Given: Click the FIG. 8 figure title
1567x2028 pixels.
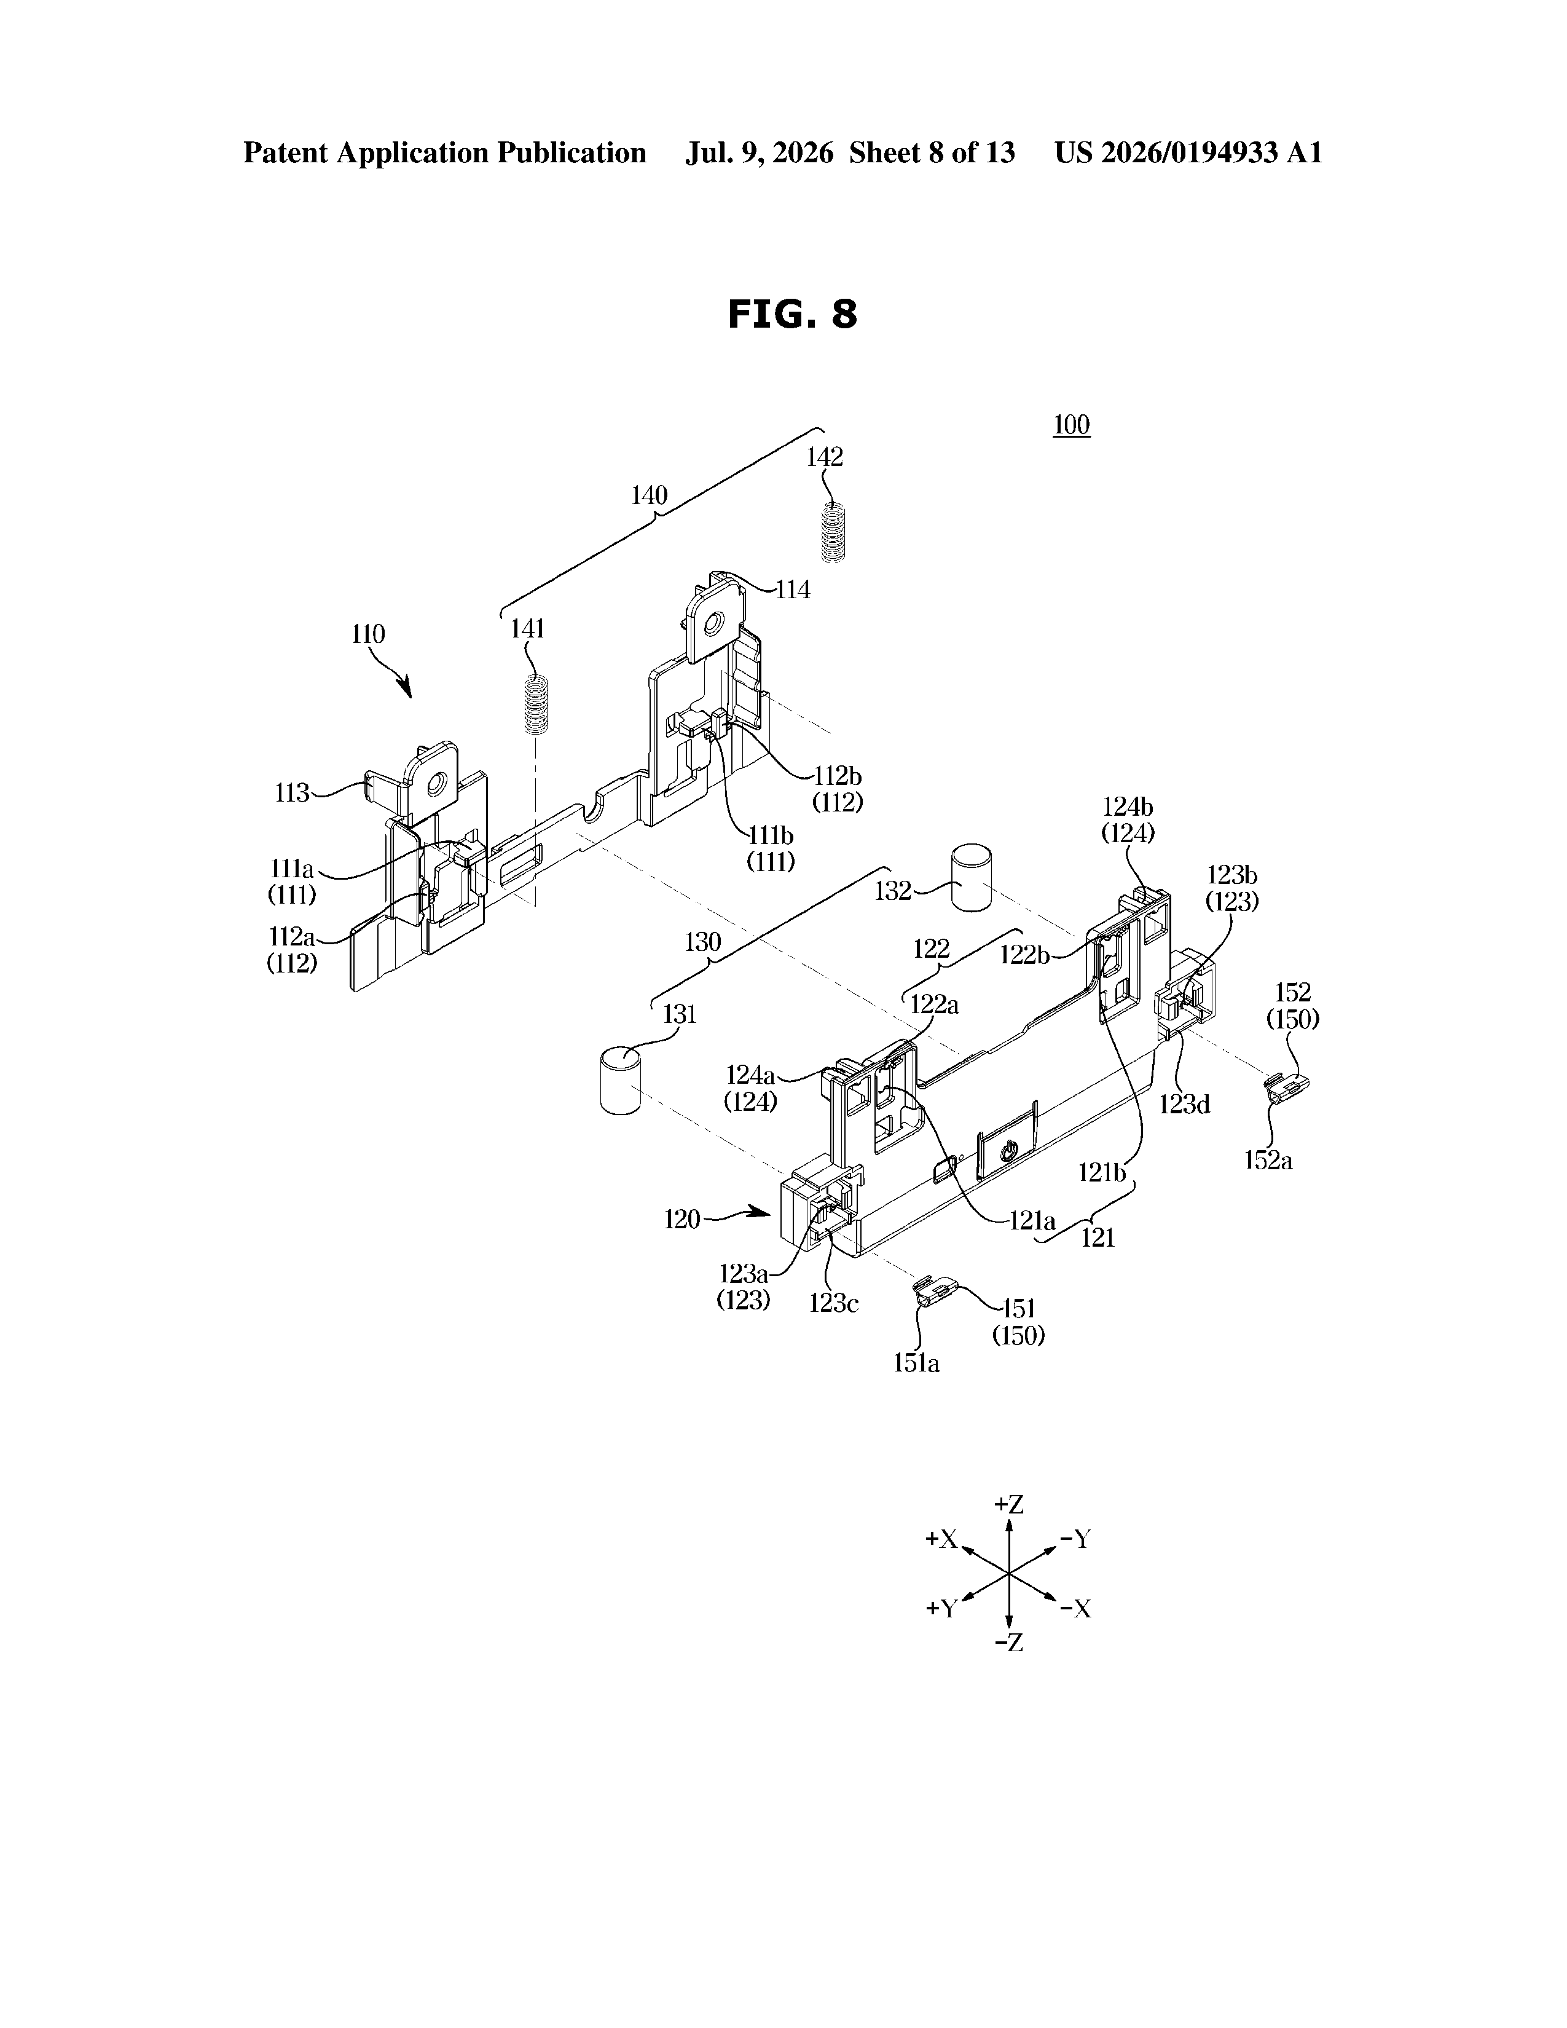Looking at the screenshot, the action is coord(792,315).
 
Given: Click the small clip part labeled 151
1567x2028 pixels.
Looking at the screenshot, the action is coord(934,1293).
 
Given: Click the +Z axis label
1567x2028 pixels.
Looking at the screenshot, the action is coord(1008,1504).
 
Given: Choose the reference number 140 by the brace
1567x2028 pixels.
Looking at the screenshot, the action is coord(649,496).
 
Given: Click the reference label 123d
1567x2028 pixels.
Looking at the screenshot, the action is coord(1185,1104).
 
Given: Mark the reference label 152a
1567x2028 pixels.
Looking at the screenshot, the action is coord(1268,1160).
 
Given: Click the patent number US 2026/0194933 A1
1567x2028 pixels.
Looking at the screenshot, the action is coord(1188,153).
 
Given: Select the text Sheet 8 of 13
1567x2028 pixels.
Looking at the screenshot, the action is coord(932,153).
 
